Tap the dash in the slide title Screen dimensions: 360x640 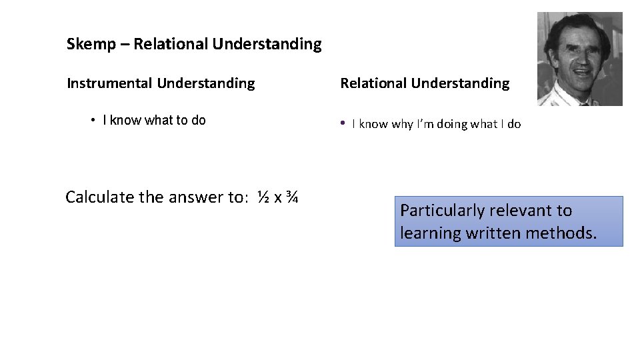tap(125, 45)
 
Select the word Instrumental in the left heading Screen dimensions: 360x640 tap(109, 83)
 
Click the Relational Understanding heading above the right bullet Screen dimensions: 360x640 tap(425, 83)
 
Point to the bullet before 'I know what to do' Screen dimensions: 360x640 tap(93, 121)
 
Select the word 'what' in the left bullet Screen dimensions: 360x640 tap(158, 121)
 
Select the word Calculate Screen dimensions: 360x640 tap(99, 197)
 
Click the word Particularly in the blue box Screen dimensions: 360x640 tap(442, 211)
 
